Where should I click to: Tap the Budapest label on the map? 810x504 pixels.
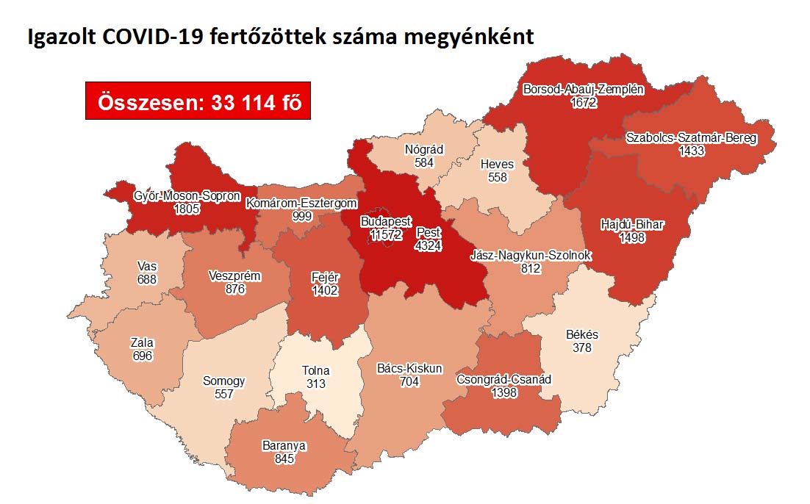tap(385, 221)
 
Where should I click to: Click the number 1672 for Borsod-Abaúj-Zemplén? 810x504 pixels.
tap(583, 103)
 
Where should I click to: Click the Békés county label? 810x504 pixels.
tap(582, 335)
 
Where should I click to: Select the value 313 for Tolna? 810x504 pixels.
tap(317, 384)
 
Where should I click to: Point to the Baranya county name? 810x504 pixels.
tap(284, 446)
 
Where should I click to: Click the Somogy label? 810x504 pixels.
tap(223, 381)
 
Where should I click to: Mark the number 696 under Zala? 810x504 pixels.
tap(142, 355)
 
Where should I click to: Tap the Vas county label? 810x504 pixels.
tap(146, 267)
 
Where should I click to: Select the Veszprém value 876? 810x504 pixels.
tap(234, 289)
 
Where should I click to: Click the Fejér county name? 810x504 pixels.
tap(323, 277)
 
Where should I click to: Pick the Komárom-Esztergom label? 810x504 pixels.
tap(301, 204)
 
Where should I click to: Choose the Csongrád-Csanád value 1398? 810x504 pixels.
tap(503, 392)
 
